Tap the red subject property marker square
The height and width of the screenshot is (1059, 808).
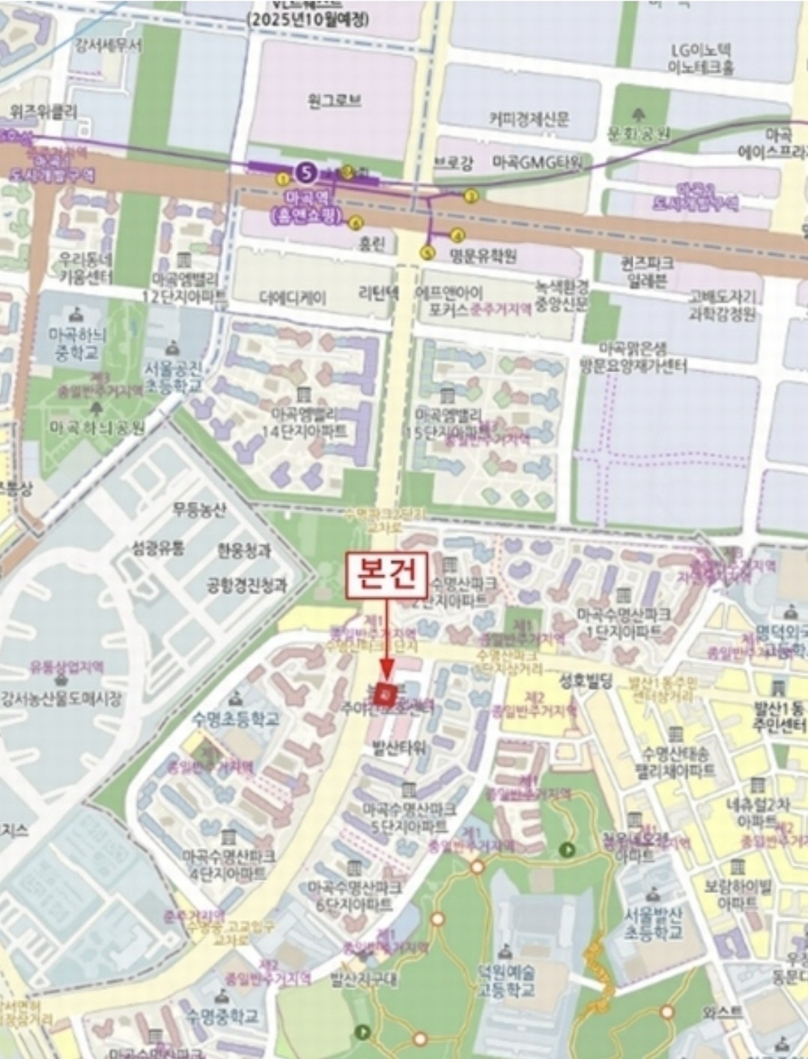click(386, 694)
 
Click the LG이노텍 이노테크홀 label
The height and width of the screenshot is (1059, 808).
click(701, 58)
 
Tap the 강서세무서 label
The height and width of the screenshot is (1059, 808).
click(109, 45)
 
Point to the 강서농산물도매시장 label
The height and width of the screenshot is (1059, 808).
click(61, 699)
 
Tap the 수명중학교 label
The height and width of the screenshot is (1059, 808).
click(222, 1016)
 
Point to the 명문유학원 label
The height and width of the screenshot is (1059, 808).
click(483, 256)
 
